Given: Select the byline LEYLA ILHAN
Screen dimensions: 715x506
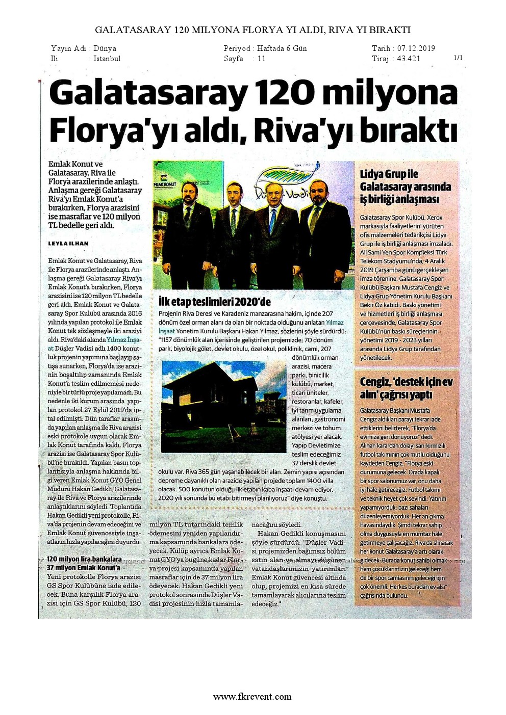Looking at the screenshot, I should [x=68, y=244].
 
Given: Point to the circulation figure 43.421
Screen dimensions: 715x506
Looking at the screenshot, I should [x=409, y=59].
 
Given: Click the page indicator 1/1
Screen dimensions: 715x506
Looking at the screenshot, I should [x=458, y=58].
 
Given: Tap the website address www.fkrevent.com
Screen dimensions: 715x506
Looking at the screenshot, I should [x=252, y=697].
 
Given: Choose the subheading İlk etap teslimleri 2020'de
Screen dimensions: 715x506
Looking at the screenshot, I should [x=215, y=301].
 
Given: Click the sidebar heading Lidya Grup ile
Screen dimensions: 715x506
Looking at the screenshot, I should [x=389, y=174].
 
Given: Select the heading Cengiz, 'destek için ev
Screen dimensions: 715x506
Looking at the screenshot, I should [x=406, y=382].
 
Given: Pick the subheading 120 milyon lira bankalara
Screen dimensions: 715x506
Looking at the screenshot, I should [x=84, y=559].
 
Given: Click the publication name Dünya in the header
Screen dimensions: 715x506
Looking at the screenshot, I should [x=105, y=48].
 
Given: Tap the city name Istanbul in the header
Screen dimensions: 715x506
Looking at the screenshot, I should [x=107, y=59].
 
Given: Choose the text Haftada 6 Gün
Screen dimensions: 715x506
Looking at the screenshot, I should [x=282, y=48].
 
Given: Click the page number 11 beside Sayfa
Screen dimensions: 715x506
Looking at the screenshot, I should [x=261, y=59].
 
